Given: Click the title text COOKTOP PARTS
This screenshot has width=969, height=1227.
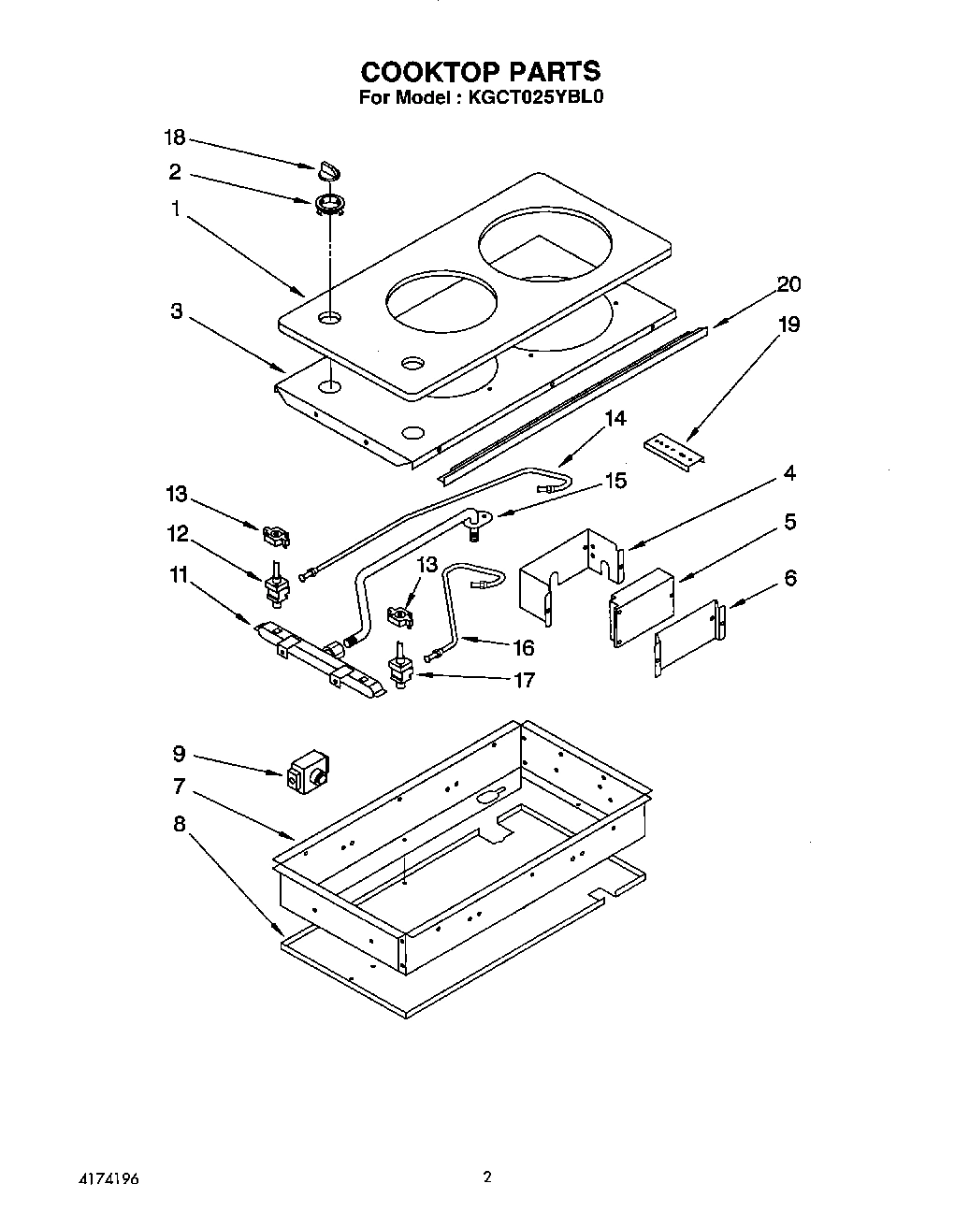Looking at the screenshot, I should pyautogui.click(x=481, y=71).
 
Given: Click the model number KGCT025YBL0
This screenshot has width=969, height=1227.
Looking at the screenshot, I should pyautogui.click(x=531, y=97).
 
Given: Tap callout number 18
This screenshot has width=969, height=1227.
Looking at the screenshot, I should pyautogui.click(x=175, y=138).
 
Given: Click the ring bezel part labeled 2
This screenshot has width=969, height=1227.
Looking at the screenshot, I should pyautogui.click(x=329, y=203).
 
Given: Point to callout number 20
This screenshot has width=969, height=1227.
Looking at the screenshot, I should pyautogui.click(x=788, y=284).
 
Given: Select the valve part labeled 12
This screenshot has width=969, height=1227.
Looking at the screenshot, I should pyautogui.click(x=276, y=586).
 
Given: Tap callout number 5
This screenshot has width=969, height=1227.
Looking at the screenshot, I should pyautogui.click(x=789, y=521).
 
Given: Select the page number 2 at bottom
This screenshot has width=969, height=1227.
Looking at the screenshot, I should pyautogui.click(x=486, y=1177).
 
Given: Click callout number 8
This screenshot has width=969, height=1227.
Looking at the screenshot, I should pyautogui.click(x=179, y=824).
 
